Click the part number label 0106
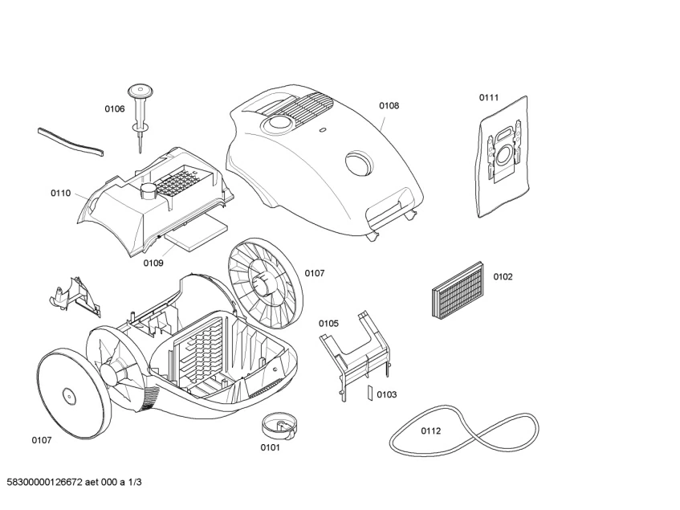(114, 108)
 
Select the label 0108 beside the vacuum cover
(389, 105)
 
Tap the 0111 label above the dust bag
(489, 98)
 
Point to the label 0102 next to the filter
(503, 277)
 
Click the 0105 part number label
(328, 323)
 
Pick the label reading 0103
(387, 394)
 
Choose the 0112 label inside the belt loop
(431, 430)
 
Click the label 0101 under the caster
(270, 447)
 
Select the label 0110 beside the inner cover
(61, 194)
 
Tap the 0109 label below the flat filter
(153, 263)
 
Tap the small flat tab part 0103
(369, 393)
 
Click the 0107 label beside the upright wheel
(315, 273)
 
